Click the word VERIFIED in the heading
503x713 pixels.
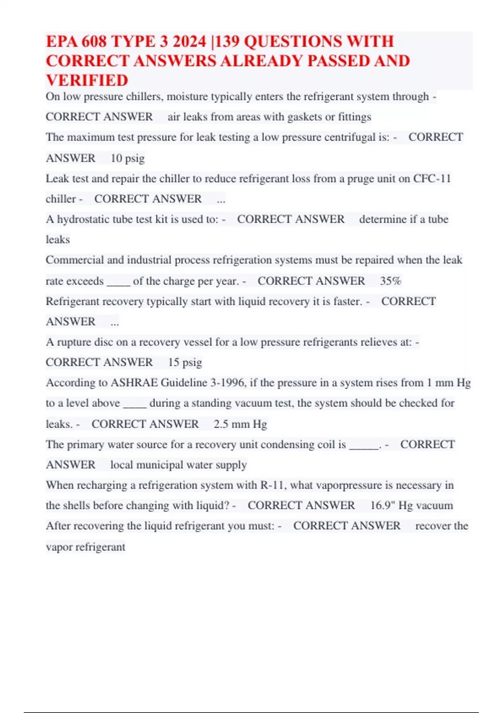(x=87, y=80)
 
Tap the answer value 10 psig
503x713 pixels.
(x=127, y=158)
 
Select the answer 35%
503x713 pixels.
(x=391, y=281)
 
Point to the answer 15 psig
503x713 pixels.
(x=185, y=362)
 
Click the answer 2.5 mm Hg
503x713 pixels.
(x=240, y=424)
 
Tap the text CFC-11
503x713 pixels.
(x=432, y=179)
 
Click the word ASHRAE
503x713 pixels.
(x=134, y=383)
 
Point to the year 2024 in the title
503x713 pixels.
(x=189, y=42)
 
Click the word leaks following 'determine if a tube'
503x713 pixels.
(x=58, y=239)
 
